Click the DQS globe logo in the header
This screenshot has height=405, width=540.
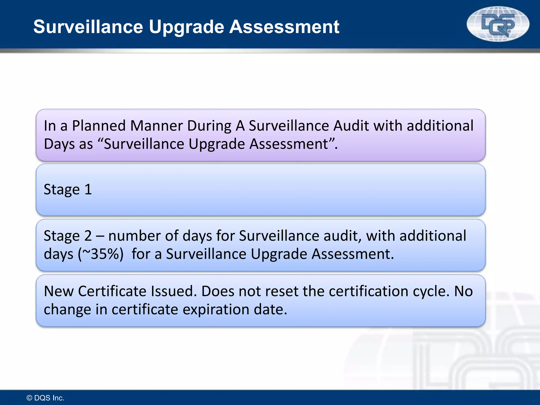pos(498,24)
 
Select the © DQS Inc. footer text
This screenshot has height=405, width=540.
pos(45,398)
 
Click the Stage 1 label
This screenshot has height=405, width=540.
pos(68,190)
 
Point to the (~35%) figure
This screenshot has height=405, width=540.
pos(101,254)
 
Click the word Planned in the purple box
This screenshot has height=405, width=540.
pos(101,126)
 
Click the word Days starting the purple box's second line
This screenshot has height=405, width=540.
pos(59,144)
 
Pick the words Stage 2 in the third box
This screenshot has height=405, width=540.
pos(68,236)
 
